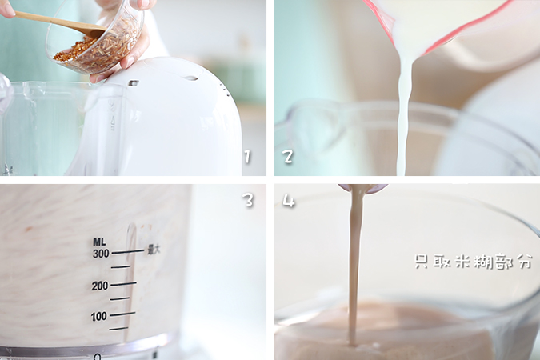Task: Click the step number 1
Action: [247, 157]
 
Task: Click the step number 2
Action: [288, 156]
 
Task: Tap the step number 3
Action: [249, 199]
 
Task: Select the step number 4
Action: [289, 201]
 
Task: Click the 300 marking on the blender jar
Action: [101, 254]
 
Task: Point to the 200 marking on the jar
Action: [100, 286]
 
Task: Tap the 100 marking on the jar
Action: [99, 316]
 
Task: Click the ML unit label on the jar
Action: [99, 242]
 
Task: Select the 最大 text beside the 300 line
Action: [154, 250]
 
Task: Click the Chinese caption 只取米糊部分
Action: [473, 262]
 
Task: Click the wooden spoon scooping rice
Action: [59, 22]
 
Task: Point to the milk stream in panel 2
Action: [404, 114]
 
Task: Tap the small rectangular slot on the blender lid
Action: [134, 83]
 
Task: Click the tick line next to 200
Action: [123, 284]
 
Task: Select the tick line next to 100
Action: [122, 314]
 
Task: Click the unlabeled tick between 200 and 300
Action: [121, 266]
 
